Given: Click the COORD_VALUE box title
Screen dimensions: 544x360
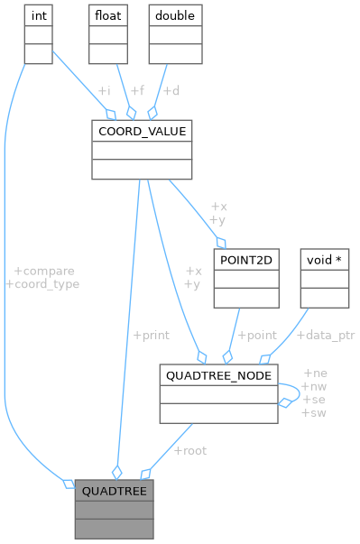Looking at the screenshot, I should click(143, 132).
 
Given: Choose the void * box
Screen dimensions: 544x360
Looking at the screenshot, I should click(324, 278).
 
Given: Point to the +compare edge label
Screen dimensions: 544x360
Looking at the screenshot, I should click(44, 271).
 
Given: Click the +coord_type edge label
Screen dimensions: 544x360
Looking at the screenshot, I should click(42, 283).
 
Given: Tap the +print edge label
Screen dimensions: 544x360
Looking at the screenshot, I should click(151, 335).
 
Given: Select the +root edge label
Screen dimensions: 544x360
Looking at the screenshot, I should click(189, 450).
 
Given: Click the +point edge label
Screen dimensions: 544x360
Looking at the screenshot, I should click(257, 335).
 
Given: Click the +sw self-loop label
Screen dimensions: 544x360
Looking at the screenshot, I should click(315, 412).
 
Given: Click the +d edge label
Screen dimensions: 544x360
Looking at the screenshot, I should click(170, 90).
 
